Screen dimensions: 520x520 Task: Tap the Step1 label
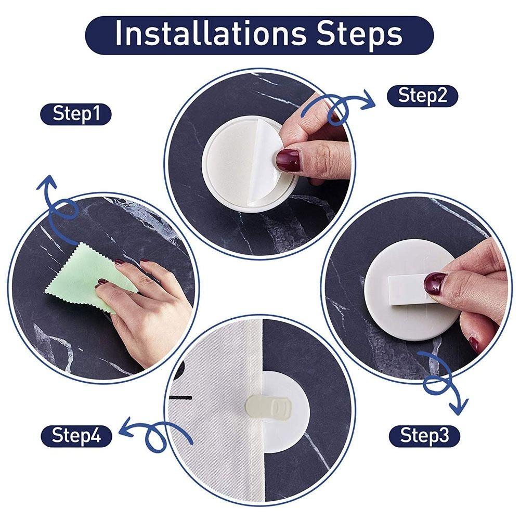(x=76, y=114)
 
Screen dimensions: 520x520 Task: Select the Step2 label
(x=422, y=96)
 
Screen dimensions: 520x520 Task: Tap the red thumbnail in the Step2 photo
(x=288, y=161)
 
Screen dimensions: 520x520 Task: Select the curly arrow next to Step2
(x=338, y=107)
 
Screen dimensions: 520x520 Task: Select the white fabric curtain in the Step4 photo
(x=213, y=416)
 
